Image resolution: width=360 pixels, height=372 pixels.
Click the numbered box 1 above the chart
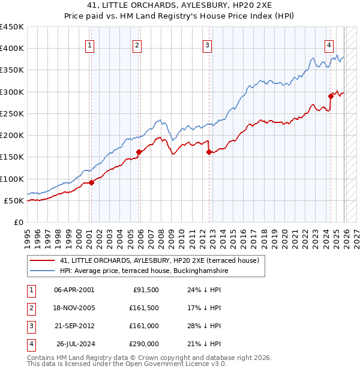click(x=89, y=44)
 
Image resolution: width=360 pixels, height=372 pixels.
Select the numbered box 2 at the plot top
click(x=137, y=44)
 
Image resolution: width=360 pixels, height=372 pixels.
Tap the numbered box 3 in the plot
click(x=207, y=44)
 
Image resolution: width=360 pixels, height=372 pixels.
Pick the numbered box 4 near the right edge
click(x=329, y=44)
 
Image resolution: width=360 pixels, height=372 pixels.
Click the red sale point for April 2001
click(x=91, y=182)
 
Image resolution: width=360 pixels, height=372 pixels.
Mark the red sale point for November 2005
click(x=139, y=152)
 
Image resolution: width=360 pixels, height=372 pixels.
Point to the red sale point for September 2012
click(x=209, y=152)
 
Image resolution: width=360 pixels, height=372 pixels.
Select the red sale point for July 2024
click(x=331, y=96)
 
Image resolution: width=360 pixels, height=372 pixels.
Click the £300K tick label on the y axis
click(x=12, y=92)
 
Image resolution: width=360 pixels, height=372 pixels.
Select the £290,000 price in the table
click(x=144, y=344)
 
